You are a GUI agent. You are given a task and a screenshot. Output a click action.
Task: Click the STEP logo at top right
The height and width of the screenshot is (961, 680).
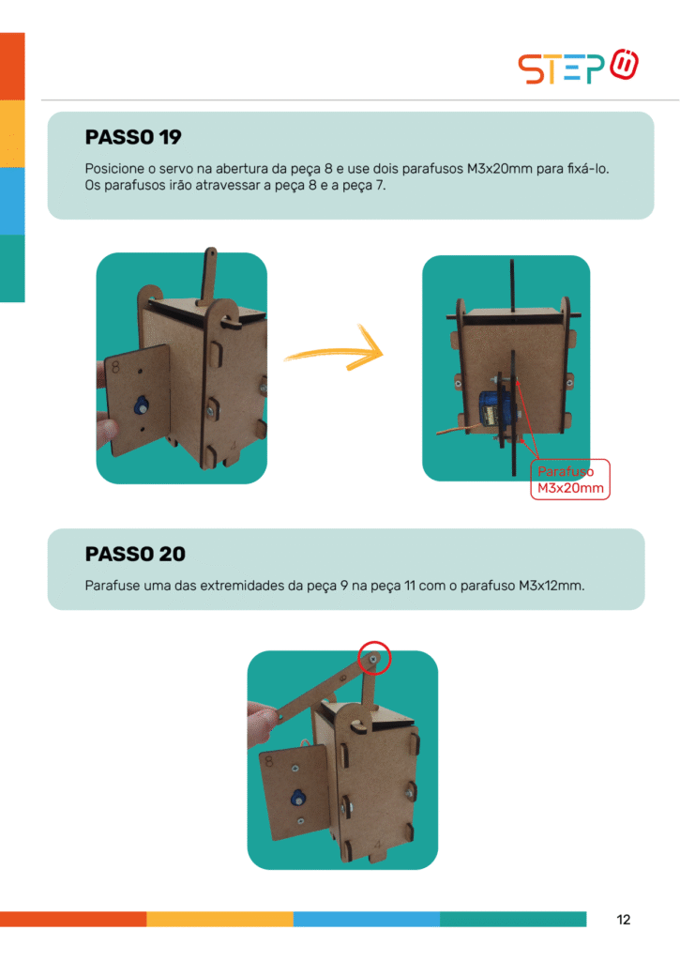click(578, 67)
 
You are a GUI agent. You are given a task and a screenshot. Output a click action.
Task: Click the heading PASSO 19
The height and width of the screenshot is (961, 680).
click(133, 137)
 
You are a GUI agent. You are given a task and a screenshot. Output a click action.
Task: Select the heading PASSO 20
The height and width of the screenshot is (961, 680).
click(135, 554)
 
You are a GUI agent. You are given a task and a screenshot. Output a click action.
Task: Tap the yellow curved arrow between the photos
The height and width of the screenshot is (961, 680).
click(335, 350)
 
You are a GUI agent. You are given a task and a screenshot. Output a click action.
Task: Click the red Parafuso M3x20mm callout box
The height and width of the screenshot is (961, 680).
click(570, 480)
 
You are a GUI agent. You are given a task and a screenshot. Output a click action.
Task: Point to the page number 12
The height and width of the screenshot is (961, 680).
click(624, 920)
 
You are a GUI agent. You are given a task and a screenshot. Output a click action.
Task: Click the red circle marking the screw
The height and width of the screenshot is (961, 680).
click(374, 658)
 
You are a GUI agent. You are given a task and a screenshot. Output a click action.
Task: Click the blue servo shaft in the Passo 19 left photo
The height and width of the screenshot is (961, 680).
click(141, 405)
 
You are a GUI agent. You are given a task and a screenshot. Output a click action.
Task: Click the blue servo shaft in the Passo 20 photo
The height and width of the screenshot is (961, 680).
click(297, 798)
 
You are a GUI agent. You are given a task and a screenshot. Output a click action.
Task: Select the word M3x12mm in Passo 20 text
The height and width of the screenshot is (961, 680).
click(552, 586)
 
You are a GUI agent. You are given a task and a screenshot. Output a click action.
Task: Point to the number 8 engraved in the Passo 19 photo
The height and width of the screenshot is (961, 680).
click(115, 367)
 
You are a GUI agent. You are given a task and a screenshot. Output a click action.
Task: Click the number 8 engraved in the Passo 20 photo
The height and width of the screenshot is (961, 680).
click(269, 761)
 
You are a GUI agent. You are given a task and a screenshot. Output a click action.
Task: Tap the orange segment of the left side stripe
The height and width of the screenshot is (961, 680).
click(12, 67)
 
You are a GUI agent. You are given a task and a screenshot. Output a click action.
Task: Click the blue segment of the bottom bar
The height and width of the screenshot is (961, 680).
click(367, 919)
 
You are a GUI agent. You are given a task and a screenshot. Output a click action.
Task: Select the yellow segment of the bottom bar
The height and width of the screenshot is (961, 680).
click(219, 919)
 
